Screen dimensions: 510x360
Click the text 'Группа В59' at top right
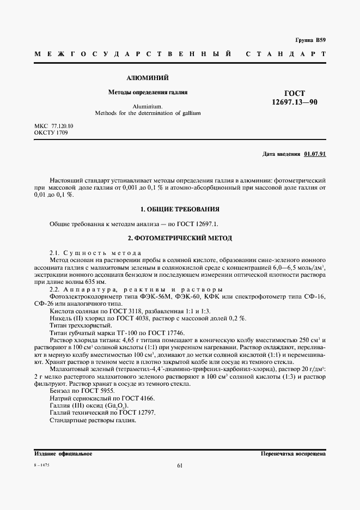[310, 40]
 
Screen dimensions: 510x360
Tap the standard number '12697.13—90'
[295, 102]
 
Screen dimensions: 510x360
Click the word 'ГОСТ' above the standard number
[295, 93]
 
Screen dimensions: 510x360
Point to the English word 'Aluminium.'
[148, 107]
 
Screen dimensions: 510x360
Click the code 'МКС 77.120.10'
[53, 126]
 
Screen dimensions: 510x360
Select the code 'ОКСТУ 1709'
[51, 133]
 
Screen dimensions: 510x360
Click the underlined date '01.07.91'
[315, 154]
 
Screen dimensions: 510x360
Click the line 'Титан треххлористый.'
[76, 325]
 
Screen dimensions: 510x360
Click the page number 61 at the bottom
[180, 465]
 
